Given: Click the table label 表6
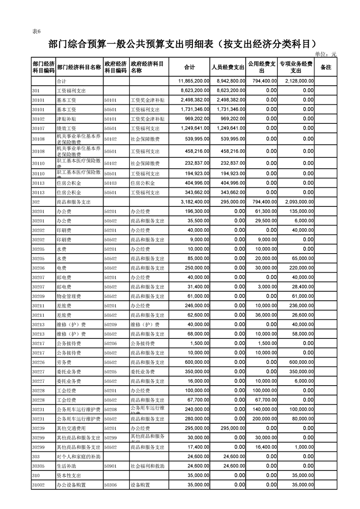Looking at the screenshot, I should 37,31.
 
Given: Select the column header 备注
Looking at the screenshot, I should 326,67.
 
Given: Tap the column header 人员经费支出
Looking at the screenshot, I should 228,67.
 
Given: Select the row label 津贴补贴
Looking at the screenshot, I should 66,119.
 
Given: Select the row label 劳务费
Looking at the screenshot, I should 63,362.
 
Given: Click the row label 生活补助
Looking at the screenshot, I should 66,466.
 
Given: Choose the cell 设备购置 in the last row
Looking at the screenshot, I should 139,485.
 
